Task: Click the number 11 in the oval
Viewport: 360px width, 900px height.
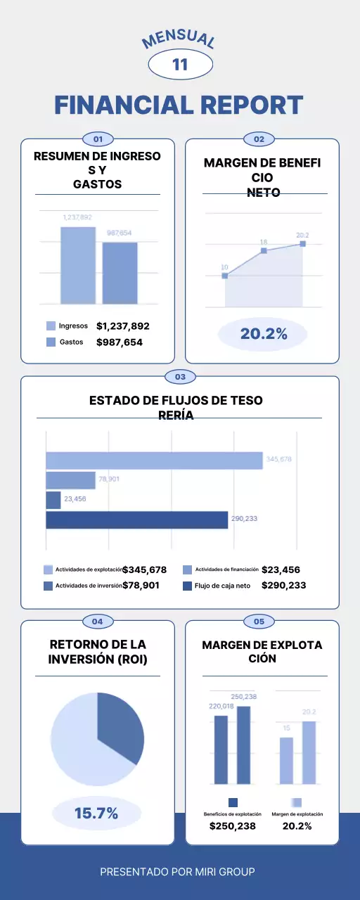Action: click(180, 65)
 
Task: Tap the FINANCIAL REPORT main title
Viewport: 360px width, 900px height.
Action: click(179, 105)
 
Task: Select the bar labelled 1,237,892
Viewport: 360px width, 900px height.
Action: click(77, 266)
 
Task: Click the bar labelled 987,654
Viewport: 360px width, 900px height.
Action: click(120, 274)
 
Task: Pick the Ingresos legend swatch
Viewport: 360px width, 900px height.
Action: click(51, 326)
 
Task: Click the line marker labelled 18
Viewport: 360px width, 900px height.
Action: click(264, 250)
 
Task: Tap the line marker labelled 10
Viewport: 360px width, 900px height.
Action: click(225, 276)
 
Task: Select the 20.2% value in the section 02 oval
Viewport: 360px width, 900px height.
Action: click(264, 334)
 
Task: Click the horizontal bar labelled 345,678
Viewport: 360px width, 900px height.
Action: click(154, 460)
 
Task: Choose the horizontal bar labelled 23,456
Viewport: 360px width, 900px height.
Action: click(53, 500)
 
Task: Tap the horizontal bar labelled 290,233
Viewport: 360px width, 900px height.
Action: click(137, 520)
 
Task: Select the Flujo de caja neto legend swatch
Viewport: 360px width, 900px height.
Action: click(187, 586)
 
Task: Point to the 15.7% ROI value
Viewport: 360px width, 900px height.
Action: click(96, 814)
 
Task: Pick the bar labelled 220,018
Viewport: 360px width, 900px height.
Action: click(221, 750)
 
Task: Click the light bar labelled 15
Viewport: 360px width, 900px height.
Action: click(286, 760)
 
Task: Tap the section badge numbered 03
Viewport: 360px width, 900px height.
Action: click(180, 377)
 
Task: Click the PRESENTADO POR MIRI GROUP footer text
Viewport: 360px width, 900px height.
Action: click(177, 872)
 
